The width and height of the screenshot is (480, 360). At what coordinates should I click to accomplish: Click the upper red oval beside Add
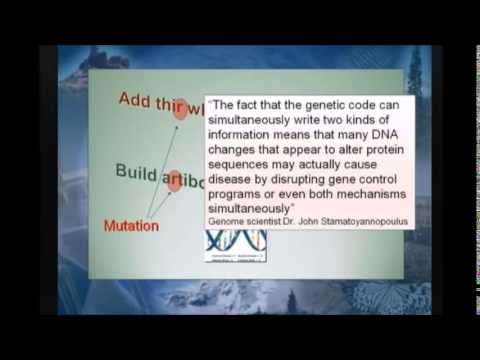coord(181,109)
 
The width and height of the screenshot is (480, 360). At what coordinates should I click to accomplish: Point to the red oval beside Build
coord(176,180)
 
